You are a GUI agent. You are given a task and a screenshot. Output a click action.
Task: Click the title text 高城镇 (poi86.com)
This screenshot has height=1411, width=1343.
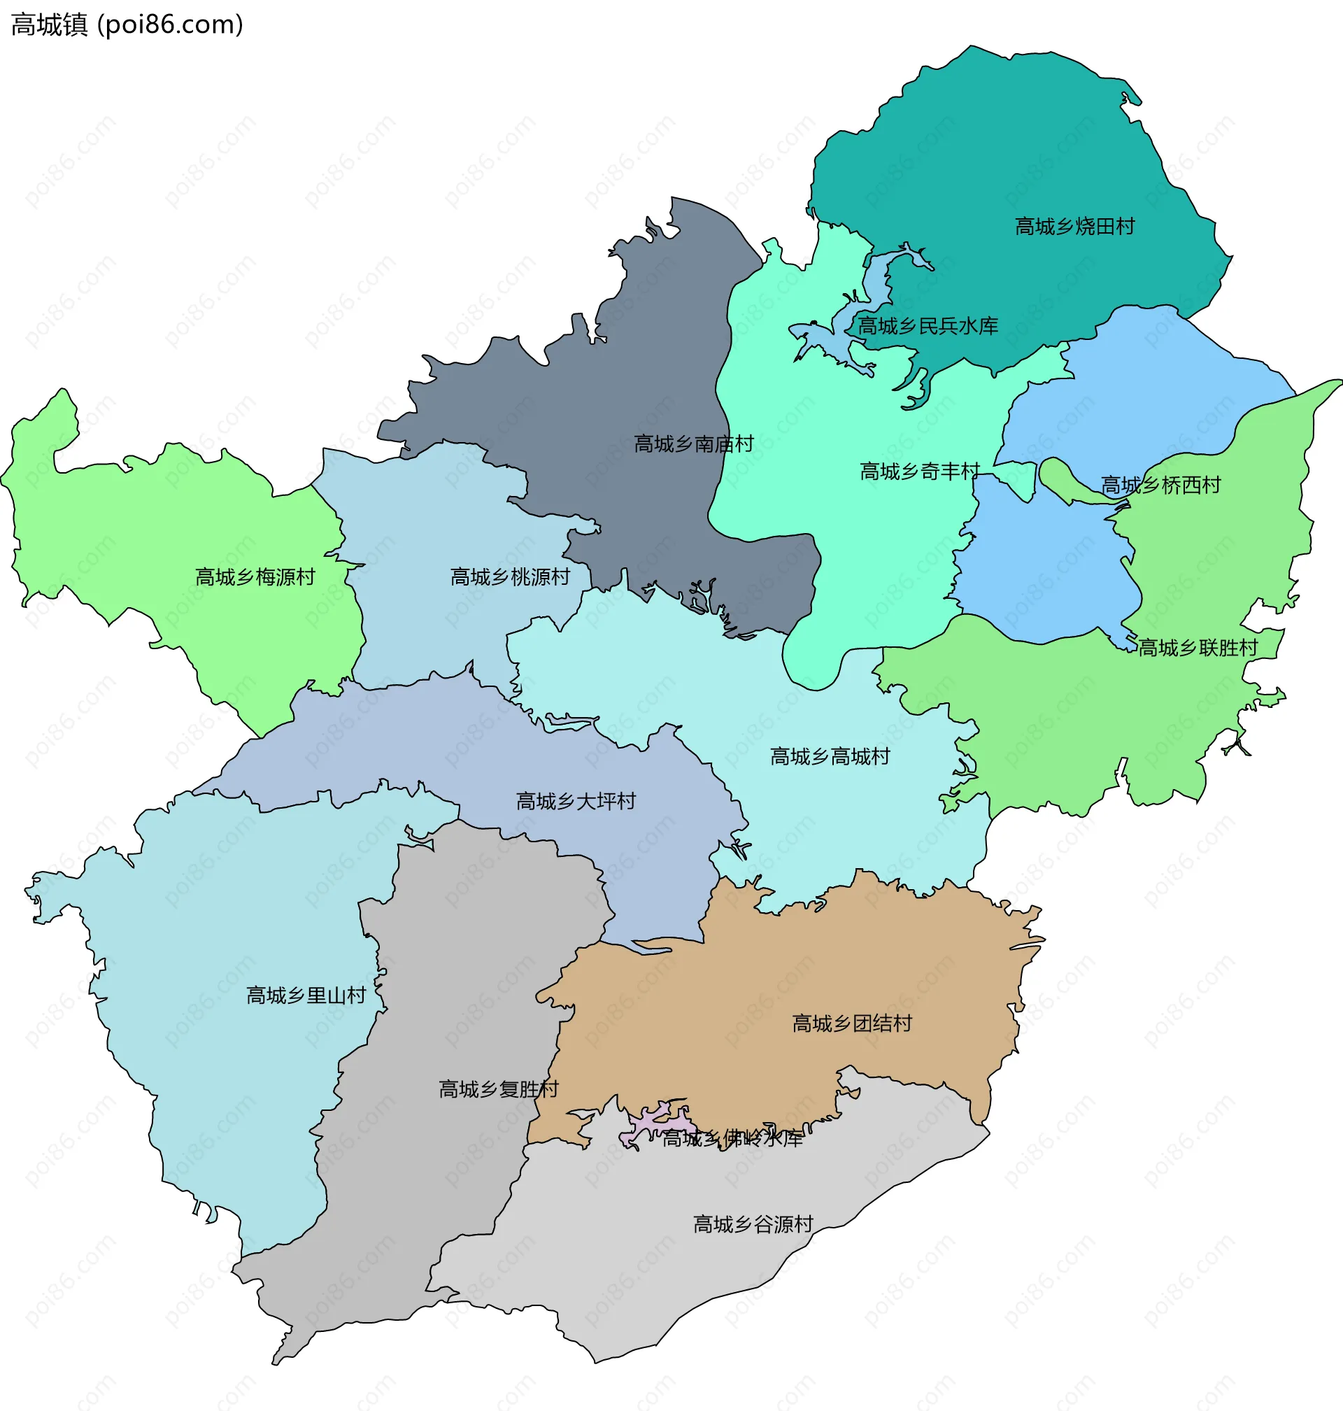click(127, 24)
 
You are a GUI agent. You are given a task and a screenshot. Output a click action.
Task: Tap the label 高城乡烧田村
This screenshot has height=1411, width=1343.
click(1074, 227)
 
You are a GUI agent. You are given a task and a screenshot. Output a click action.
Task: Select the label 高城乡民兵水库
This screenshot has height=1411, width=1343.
click(928, 327)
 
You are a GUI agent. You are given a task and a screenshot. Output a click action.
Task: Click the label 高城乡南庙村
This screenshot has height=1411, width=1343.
click(694, 444)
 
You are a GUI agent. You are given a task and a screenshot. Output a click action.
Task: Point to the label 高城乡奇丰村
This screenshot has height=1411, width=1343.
click(919, 471)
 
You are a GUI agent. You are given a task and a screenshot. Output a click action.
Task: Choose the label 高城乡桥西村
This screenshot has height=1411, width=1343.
click(1160, 485)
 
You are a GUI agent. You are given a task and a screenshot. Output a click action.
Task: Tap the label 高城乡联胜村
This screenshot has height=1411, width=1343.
click(1198, 648)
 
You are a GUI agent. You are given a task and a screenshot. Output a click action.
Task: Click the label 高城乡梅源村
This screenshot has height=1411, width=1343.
click(255, 577)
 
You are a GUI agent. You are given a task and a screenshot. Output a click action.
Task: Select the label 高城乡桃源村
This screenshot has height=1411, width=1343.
click(510, 577)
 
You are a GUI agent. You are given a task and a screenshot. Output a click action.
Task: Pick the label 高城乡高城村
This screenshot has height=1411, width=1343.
click(830, 757)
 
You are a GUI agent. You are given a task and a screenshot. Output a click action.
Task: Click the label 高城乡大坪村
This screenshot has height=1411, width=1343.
click(576, 801)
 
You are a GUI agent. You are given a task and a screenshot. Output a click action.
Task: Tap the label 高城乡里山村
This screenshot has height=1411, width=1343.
click(306, 995)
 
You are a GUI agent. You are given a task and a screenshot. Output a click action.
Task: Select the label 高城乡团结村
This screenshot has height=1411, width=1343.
click(852, 1023)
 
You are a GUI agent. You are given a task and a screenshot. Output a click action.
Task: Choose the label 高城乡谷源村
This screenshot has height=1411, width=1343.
click(753, 1224)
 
